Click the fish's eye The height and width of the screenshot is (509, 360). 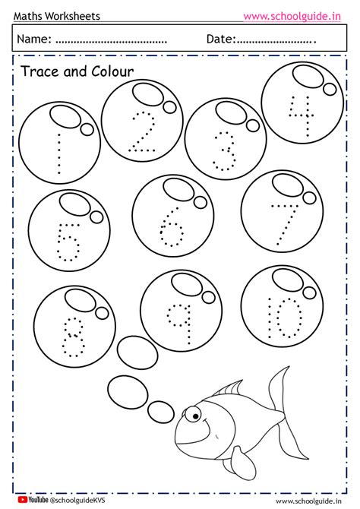pos(195,416)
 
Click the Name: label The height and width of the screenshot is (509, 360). pos(35,39)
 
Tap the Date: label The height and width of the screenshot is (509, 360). pos(221,39)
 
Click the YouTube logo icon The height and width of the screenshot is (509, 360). pos(23,501)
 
